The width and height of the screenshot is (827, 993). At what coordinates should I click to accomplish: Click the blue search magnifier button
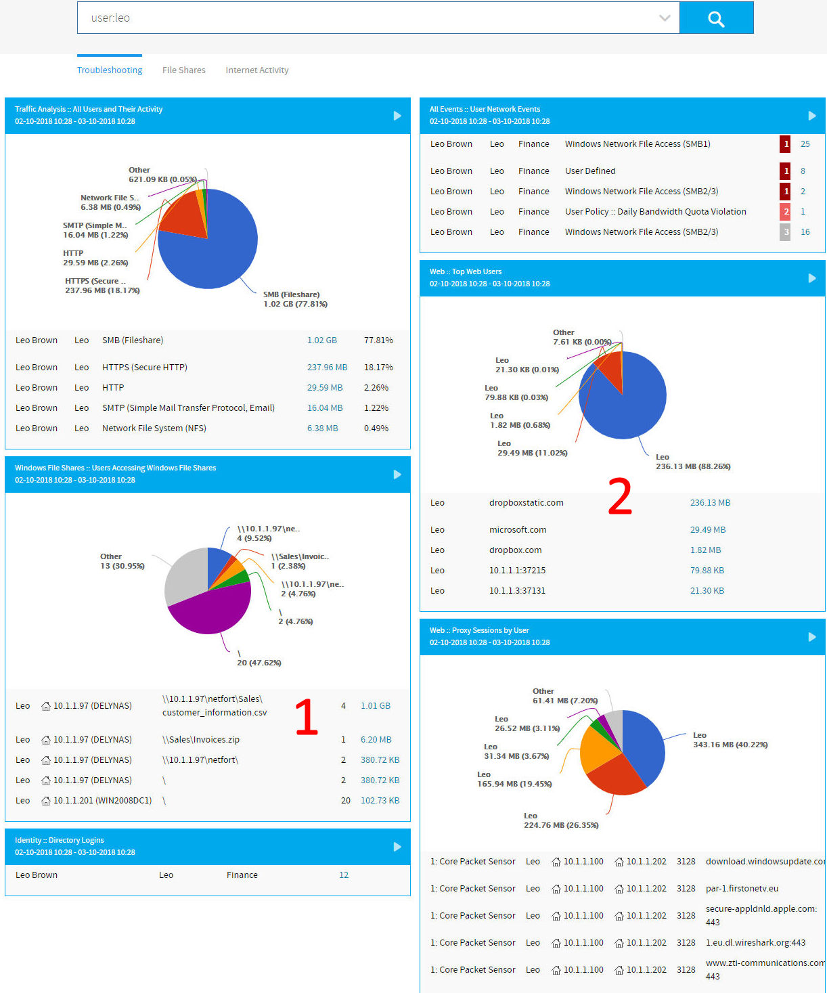click(x=716, y=18)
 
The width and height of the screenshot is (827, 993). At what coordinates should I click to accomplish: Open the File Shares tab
click(x=183, y=70)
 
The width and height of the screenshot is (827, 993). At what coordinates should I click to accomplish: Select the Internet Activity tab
click(x=256, y=70)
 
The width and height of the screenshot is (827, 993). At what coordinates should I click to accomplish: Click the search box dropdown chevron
click(x=665, y=18)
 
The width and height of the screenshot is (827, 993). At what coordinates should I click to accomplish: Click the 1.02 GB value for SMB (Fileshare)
click(x=321, y=340)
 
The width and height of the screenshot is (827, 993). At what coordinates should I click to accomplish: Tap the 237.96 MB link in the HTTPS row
click(x=327, y=368)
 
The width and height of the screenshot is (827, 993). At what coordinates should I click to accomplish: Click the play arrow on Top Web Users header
click(x=811, y=278)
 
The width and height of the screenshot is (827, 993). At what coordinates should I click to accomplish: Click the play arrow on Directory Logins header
click(x=397, y=847)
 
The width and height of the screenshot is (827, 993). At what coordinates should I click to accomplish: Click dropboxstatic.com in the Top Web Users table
click(x=526, y=503)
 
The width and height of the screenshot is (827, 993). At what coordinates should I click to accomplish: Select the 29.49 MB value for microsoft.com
click(x=707, y=530)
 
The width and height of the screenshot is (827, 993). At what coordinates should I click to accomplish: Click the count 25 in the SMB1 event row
click(x=805, y=144)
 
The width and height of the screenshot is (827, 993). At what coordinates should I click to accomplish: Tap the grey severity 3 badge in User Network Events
click(x=785, y=232)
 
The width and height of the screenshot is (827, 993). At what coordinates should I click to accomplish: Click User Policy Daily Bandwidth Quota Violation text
click(x=655, y=212)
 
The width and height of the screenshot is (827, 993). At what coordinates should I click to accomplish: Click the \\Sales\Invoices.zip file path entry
click(x=200, y=740)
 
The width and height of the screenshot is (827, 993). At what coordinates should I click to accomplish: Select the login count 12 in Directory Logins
click(x=344, y=875)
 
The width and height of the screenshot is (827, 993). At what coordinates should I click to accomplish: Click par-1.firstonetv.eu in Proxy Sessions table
click(x=742, y=889)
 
